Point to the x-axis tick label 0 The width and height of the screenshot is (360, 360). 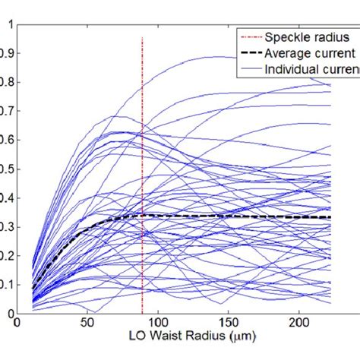(x=17, y=324)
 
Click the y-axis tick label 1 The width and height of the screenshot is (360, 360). (x=9, y=24)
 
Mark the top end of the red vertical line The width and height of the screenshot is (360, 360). (x=143, y=37)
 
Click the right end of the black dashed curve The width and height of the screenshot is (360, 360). (x=330, y=217)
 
